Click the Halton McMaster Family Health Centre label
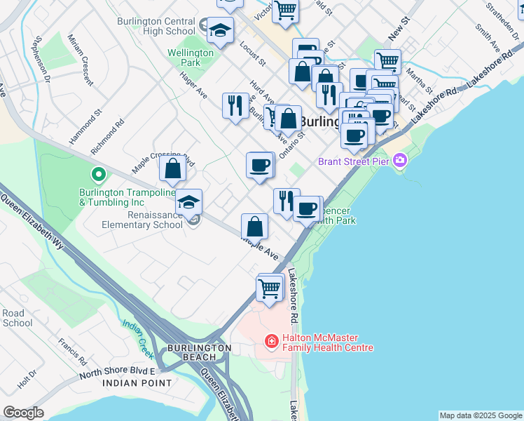click(328, 342)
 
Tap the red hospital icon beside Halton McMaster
click(271, 342)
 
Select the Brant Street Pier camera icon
click(400, 161)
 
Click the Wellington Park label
click(190, 58)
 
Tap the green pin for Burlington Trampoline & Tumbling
click(98, 173)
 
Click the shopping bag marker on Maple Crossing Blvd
click(172, 168)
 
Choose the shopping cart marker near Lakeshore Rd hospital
click(270, 288)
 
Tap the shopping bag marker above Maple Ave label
click(255, 227)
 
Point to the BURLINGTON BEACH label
click(199, 352)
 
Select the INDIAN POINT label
click(137, 383)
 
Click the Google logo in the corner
click(23, 413)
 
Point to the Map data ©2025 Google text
click(480, 415)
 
